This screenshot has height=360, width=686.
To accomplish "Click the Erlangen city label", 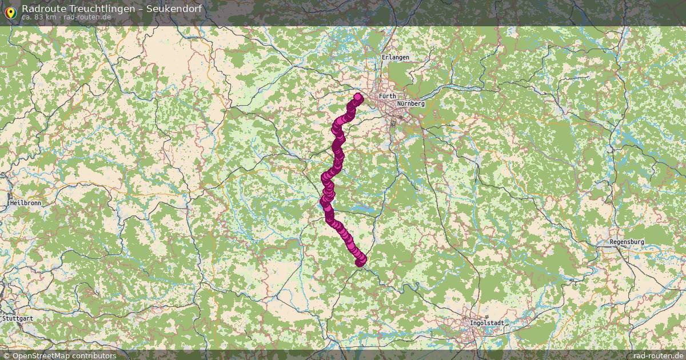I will (396, 58).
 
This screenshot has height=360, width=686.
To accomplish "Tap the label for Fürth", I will (387, 96).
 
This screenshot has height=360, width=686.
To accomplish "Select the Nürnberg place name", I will (410, 103).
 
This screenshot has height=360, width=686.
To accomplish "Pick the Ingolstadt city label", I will (486, 323).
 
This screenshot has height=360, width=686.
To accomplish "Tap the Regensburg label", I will (627, 242).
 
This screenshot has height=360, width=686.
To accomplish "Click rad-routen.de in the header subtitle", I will (87, 17).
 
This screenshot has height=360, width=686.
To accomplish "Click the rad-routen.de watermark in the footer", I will (659, 355).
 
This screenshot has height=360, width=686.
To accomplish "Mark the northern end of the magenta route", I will (358, 97).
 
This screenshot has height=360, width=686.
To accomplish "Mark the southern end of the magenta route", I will (361, 261).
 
